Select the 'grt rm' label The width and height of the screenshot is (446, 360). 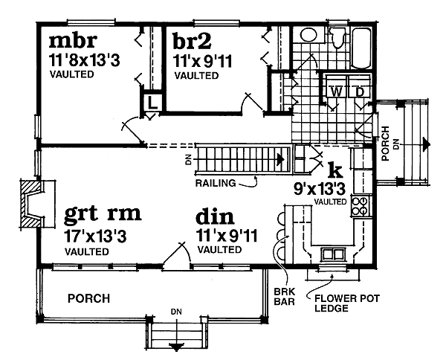click(x=103, y=216)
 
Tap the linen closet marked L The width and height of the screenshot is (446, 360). click(x=152, y=103)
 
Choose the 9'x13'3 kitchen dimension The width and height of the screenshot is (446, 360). click(x=320, y=189)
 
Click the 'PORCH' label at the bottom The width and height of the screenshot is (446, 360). click(x=88, y=298)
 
